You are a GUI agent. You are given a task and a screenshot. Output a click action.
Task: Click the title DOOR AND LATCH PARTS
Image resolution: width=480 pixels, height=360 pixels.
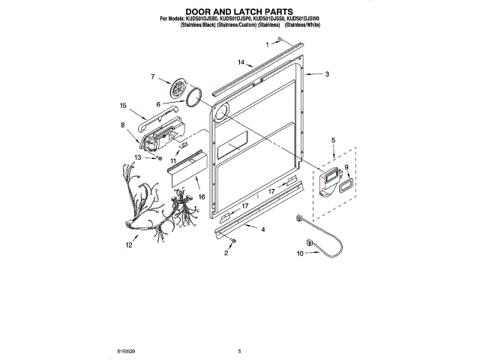coord(239,11)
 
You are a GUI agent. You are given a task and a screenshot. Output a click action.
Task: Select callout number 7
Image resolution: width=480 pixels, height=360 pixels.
coord(152,77)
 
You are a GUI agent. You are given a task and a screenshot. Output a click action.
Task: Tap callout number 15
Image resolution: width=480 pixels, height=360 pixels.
coord(124,106)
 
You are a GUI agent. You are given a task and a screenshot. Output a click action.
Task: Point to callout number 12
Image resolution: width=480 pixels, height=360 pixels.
coord(128,244)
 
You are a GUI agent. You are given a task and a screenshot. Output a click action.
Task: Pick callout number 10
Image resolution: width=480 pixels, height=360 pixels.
coord(300,254)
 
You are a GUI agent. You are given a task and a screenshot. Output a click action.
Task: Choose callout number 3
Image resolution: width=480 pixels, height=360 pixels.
coord(328,74)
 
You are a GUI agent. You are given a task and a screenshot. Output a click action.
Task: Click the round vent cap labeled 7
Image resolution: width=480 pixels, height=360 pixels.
coord(178,88)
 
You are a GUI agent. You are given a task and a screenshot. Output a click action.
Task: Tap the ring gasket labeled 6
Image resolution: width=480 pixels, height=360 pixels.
coord(195,97)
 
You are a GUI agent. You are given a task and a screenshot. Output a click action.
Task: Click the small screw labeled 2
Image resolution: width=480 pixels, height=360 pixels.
coord(234,240)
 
